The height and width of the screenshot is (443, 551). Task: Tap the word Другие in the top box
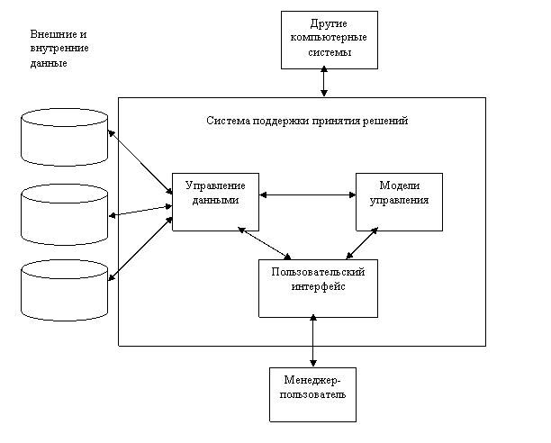pos(330,23)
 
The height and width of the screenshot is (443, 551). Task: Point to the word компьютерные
pos(330,38)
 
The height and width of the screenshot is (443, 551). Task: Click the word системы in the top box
pos(330,53)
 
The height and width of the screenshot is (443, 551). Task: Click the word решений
pos(387,121)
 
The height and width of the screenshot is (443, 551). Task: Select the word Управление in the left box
pos(215,185)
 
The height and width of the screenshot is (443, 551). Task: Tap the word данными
pos(215,201)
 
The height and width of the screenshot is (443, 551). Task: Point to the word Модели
pos(399,185)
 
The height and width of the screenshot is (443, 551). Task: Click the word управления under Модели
pos(399,201)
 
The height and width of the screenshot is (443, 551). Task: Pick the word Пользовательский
pos(318,271)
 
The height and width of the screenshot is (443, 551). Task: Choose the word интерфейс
pos(318,286)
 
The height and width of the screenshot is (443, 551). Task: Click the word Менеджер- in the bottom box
pos(312,381)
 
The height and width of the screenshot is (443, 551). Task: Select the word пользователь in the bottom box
pos(312,395)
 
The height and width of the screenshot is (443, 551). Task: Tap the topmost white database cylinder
pos(65,137)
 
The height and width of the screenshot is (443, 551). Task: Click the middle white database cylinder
pos(65,213)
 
